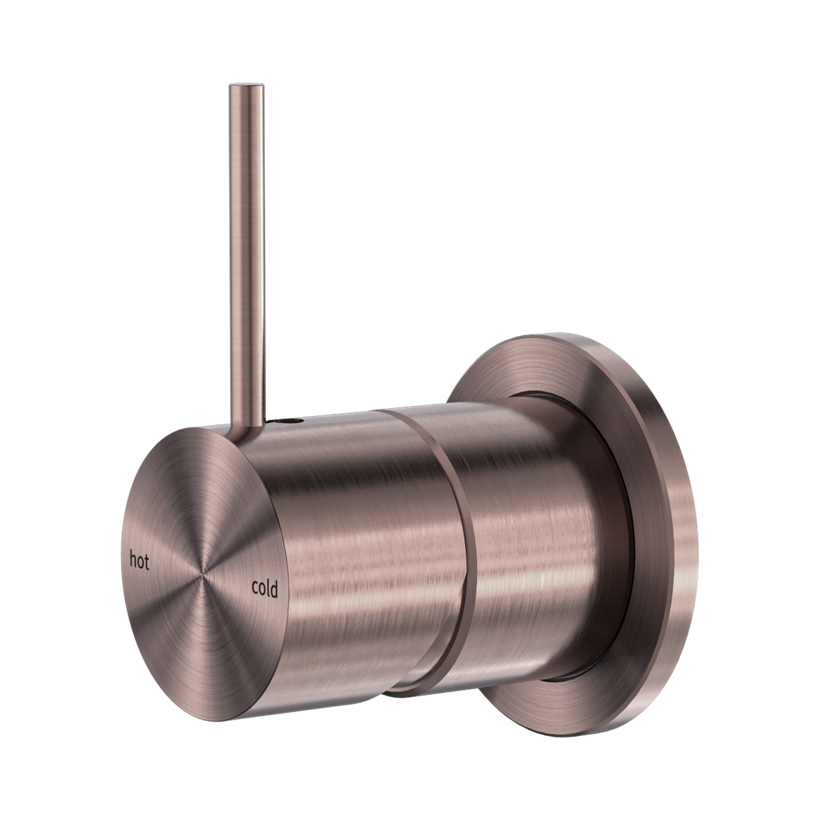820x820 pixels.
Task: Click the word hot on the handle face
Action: point(139,560)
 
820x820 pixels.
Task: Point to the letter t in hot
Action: point(147,562)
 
